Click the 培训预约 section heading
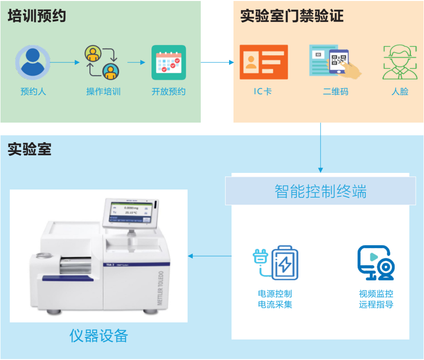(x=37, y=16)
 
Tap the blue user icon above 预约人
(x=32, y=63)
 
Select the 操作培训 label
(x=103, y=91)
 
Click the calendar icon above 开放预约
(x=169, y=63)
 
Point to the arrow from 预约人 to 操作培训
(x=64, y=63)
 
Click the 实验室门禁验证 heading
(x=292, y=16)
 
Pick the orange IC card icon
(x=263, y=62)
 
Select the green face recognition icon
(x=400, y=62)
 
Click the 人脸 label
(x=400, y=91)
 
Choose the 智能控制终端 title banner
(x=320, y=191)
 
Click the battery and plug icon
(x=275, y=263)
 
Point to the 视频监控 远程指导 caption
(x=376, y=299)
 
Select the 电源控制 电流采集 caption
(x=275, y=299)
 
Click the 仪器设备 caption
(x=99, y=336)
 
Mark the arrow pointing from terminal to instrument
(x=210, y=256)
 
